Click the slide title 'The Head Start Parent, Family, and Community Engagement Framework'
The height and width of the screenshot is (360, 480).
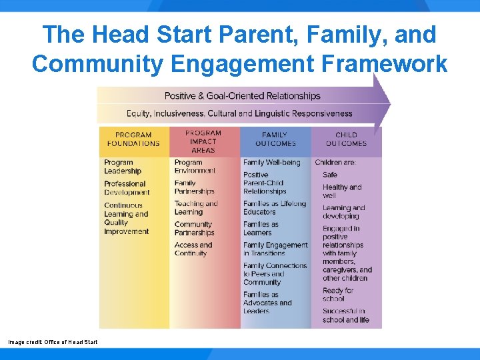coord(240,49)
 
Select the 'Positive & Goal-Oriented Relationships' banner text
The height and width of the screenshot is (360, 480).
coord(242,96)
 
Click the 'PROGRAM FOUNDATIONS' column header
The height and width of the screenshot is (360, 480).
coord(133,139)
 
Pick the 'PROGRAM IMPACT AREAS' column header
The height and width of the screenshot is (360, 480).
coord(203,141)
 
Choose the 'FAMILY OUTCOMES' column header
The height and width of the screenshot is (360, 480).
coord(275,139)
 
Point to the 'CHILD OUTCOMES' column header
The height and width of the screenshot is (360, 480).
coord(346,139)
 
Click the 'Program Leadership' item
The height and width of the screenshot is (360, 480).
coord(123,167)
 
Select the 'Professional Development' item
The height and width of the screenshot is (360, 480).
coord(126,188)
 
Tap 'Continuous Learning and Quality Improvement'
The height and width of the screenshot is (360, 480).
coord(126,219)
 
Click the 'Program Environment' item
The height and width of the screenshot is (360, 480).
coord(195,167)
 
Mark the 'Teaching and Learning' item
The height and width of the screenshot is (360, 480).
coord(196,208)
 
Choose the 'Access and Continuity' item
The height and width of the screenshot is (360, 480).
coord(193,249)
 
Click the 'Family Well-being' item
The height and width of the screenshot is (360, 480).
coord(271,163)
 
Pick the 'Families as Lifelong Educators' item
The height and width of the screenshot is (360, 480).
coord(274,208)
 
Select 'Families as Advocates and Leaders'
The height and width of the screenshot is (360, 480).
coord(267,303)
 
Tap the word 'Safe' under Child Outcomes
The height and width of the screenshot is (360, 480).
coord(330,175)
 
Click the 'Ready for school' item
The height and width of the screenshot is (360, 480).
coord(338,295)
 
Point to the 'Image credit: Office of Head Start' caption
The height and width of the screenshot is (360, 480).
coord(53,342)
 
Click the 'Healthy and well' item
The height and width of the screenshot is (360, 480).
coord(342,191)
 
